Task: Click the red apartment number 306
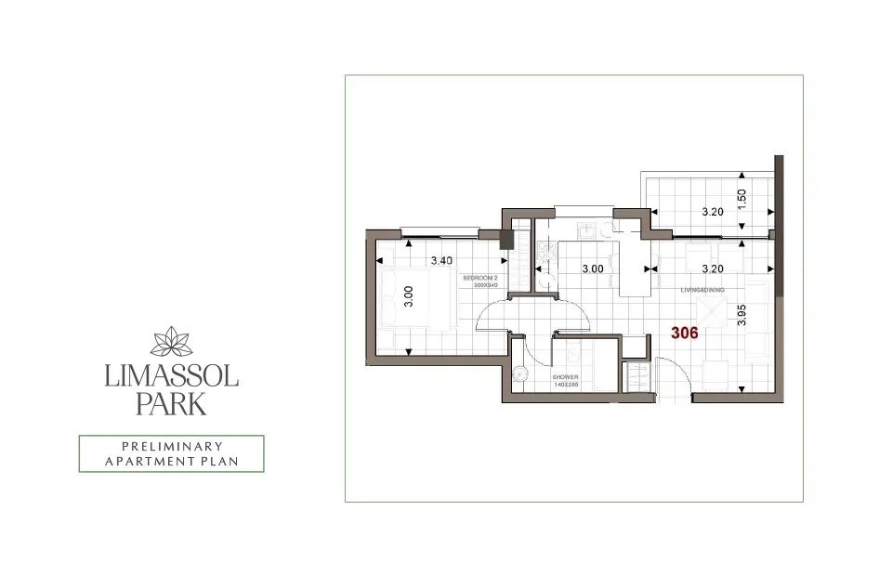click(x=685, y=333)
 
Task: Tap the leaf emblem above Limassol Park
click(x=171, y=342)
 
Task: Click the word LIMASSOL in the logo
click(x=172, y=376)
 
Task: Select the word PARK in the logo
click(x=172, y=404)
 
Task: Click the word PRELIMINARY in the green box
click(x=171, y=446)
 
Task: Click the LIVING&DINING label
click(x=702, y=289)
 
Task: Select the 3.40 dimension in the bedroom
click(x=441, y=261)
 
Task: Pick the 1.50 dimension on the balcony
click(x=741, y=198)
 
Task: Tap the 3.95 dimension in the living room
click(x=741, y=314)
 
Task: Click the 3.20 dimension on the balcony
click(x=712, y=212)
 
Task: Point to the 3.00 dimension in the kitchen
click(x=592, y=268)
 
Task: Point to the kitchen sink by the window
click(x=586, y=229)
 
